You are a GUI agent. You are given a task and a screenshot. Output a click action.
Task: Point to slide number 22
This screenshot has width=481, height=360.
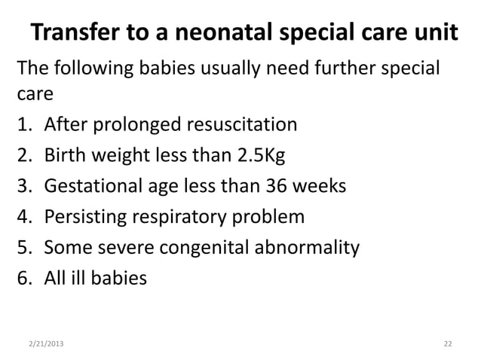pos(448,343)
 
